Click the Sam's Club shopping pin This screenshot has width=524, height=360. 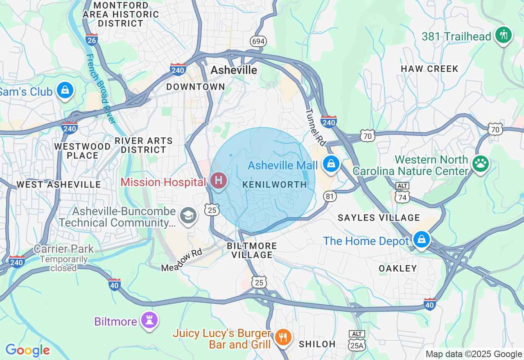65,90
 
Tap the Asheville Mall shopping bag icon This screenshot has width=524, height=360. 331,164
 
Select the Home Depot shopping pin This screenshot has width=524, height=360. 421,240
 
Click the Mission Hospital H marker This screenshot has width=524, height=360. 219,180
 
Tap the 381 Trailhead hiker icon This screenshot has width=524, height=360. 503,35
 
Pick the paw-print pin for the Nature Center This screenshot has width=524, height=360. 480,164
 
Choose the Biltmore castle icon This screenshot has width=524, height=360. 149,320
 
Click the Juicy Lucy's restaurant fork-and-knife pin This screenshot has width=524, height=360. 282,337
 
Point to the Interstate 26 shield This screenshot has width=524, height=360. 92,39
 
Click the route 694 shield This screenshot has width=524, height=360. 258,41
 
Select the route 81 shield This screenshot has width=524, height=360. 330,196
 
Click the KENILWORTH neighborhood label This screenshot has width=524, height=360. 275,185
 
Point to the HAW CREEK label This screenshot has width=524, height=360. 429,69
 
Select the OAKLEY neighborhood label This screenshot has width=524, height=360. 398,268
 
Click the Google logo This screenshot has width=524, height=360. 27,350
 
